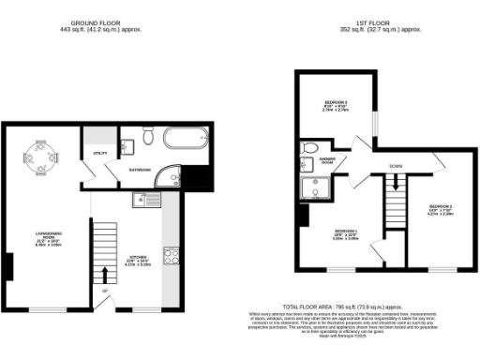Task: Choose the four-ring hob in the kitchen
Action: click(172, 255)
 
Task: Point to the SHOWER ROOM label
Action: click(326, 159)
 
